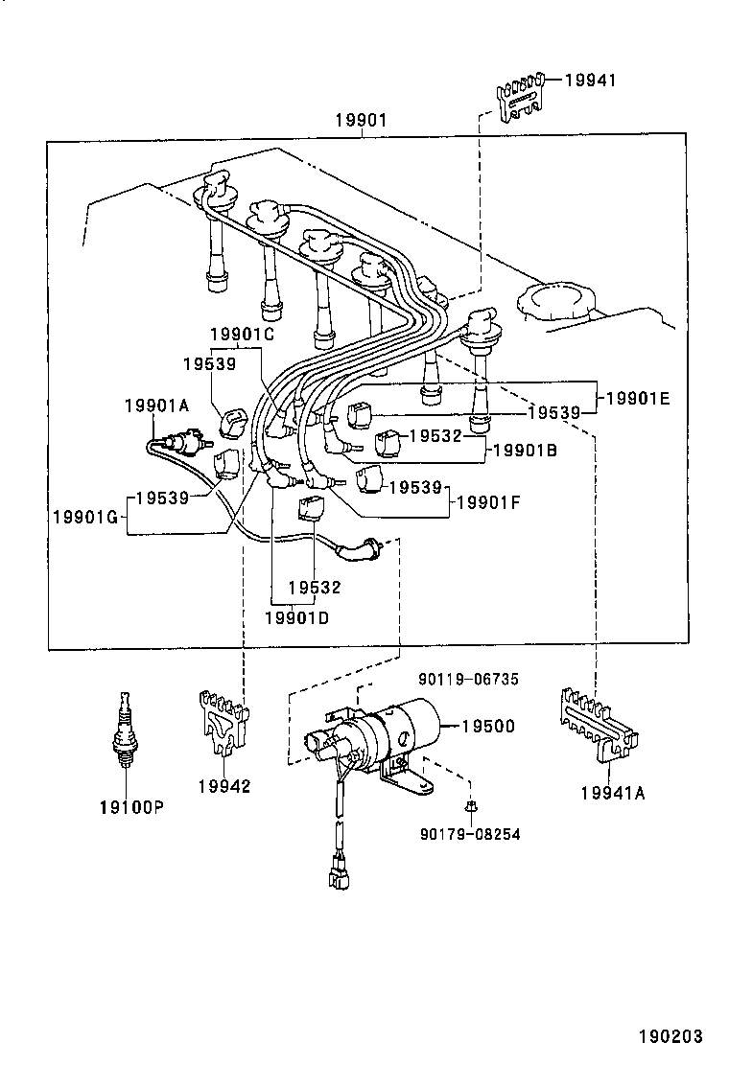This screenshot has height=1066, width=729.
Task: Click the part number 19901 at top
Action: tap(361, 121)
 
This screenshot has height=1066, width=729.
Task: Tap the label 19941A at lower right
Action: tap(610, 792)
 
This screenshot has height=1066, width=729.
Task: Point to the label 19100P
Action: tap(131, 807)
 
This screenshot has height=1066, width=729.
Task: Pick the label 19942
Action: tap(223, 787)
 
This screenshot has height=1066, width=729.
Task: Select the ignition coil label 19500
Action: tap(488, 727)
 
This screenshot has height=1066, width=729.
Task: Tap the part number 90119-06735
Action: tap(468, 679)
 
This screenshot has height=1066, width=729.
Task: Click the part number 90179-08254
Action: tap(470, 834)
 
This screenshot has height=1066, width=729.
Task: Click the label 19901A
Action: tap(156, 406)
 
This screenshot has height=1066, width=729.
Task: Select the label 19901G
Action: tap(84, 518)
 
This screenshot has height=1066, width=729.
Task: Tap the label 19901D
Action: tap(296, 617)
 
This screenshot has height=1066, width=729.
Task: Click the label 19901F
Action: tap(488, 501)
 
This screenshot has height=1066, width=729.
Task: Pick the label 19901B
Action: tap(525, 449)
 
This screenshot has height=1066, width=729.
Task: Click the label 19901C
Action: tap(243, 334)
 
